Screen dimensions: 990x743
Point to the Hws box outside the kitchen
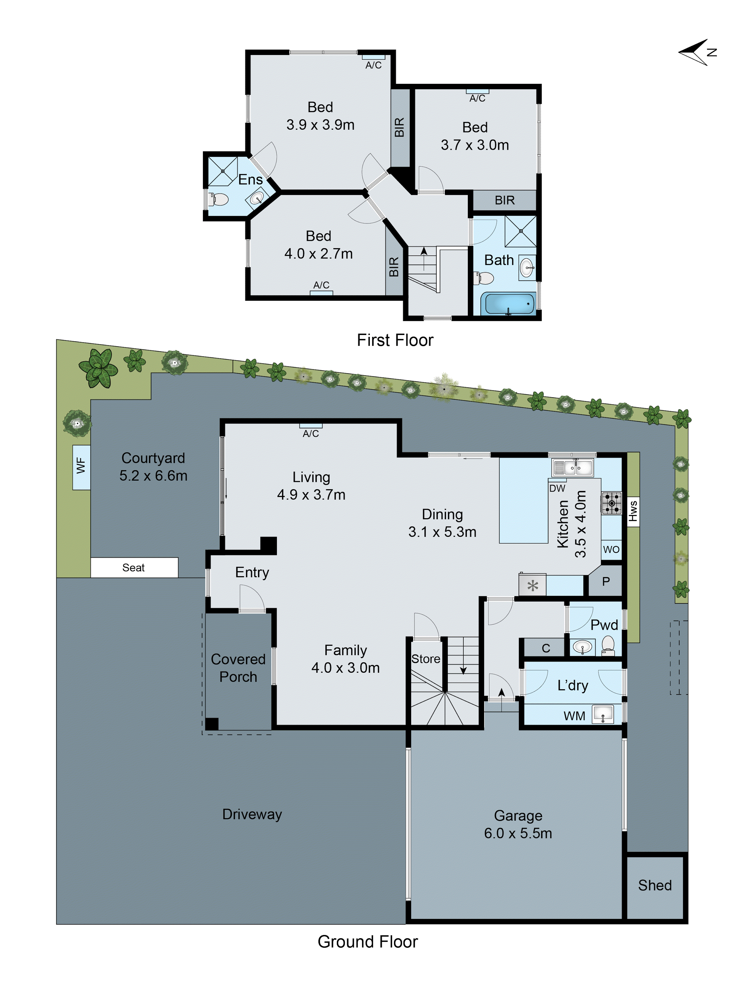[632, 511]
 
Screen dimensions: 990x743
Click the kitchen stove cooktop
[611, 503]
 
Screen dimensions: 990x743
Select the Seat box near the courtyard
[134, 568]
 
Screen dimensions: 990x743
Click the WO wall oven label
[611, 549]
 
